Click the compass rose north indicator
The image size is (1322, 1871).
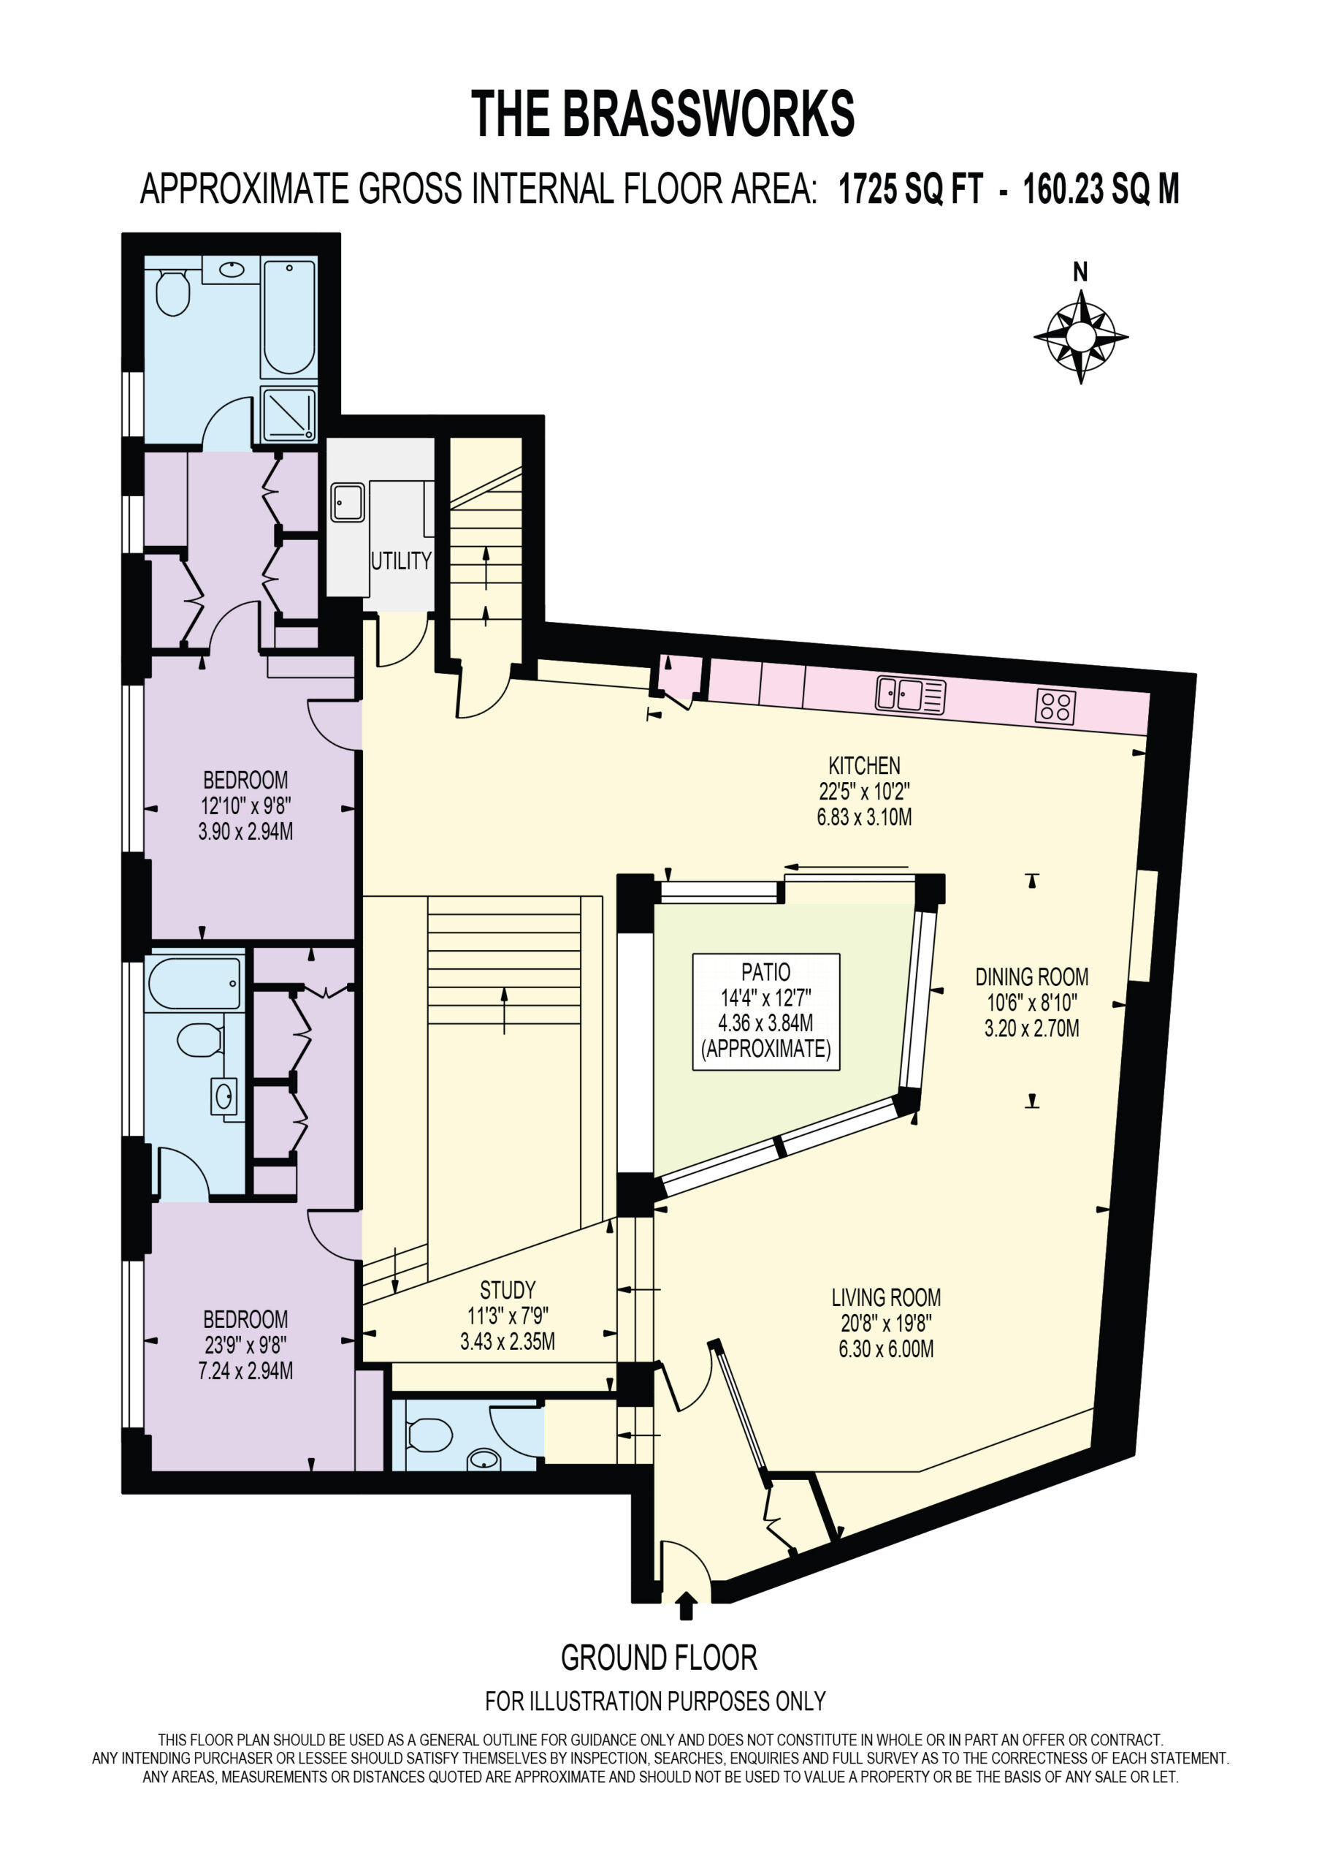1080,335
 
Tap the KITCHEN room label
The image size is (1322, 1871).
864,766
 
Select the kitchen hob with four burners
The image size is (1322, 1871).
1055,707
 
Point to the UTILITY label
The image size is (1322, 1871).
401,561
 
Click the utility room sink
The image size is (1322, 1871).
348,502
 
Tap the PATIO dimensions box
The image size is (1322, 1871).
765,1012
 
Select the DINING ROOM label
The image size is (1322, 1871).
1032,976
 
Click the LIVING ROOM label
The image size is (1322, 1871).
886,1297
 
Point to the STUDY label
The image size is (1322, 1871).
508,1290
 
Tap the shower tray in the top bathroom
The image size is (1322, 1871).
289,414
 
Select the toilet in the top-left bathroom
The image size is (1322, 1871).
172,292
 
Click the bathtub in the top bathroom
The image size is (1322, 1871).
289,317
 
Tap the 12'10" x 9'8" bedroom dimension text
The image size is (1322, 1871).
245,806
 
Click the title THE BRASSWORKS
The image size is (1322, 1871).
662,114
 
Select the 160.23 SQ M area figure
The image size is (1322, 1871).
1101,189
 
